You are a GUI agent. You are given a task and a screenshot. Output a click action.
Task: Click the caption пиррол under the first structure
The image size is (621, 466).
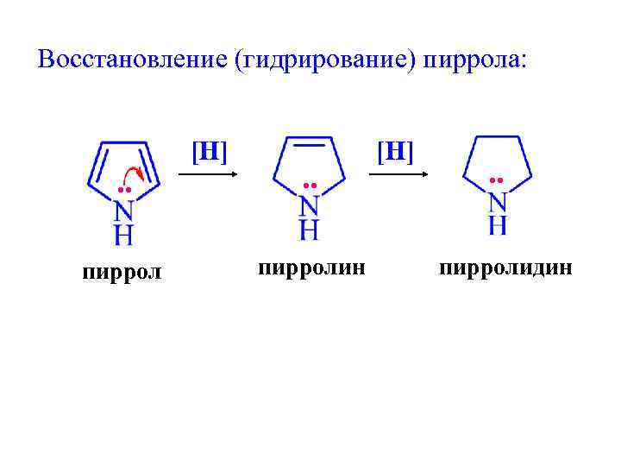pos(122,274)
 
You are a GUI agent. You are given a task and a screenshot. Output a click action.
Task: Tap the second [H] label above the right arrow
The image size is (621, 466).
pos(395,152)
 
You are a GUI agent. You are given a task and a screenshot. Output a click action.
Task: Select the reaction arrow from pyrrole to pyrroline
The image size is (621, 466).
pos(207,174)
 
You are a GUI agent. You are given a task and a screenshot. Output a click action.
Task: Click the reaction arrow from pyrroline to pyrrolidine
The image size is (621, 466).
pos(398,174)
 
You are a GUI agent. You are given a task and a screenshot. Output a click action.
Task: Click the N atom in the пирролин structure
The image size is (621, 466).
pos(310,206)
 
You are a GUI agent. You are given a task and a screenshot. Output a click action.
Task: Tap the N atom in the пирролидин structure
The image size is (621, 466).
pos(498,203)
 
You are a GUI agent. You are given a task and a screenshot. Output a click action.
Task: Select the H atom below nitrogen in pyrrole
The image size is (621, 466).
pos(124,235)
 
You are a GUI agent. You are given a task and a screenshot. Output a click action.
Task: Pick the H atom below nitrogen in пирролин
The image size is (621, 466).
pos(310,230)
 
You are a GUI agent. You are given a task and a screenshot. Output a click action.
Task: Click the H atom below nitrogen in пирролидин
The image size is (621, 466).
pos(498,225)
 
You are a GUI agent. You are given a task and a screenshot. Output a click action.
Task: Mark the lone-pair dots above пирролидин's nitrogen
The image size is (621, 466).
pos(496,180)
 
